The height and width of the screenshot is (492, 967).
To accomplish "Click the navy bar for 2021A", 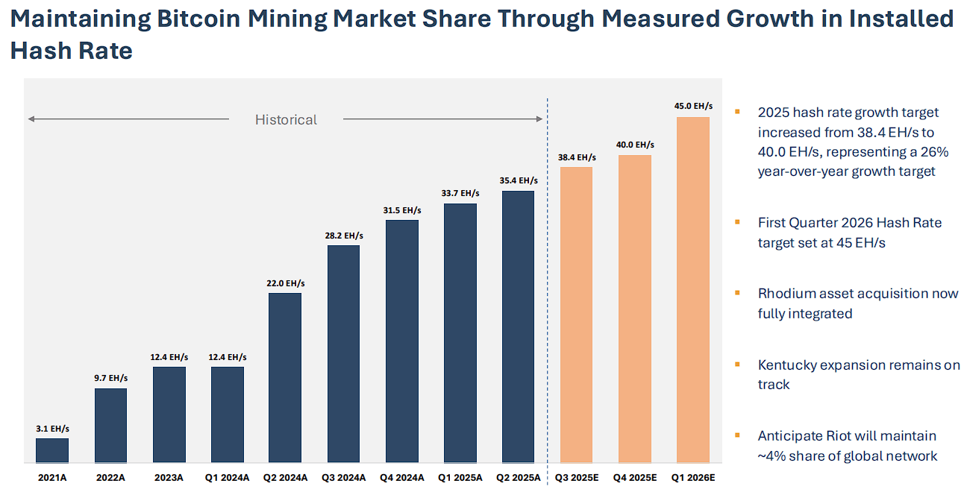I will point(52,450).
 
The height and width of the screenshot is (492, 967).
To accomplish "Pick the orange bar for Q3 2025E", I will point(576,314).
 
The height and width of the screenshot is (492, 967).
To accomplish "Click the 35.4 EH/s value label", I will point(518,180).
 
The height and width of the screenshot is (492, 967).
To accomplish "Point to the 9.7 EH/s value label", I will point(110,378).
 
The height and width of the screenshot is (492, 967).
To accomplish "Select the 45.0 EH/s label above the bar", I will point(693,106).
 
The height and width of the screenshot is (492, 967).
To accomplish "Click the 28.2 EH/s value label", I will point(343,235).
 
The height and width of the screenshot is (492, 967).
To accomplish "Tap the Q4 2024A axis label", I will point(401,477).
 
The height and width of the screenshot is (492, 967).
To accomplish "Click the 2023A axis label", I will point(169,477).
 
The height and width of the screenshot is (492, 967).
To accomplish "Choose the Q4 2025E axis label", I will point(634,477).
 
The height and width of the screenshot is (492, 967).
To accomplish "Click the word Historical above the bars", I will point(286,119).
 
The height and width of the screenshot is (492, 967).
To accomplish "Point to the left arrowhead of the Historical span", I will point(31,119).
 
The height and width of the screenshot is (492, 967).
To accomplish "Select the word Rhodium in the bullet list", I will point(786,294).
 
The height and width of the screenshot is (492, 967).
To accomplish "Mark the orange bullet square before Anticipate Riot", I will point(737,435).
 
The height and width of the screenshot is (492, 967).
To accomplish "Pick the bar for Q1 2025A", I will point(460,333).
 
